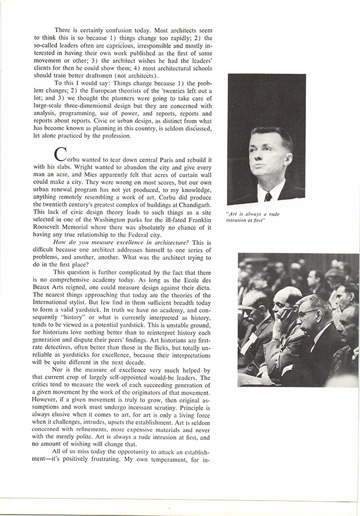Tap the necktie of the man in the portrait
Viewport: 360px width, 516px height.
click(x=268, y=196)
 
